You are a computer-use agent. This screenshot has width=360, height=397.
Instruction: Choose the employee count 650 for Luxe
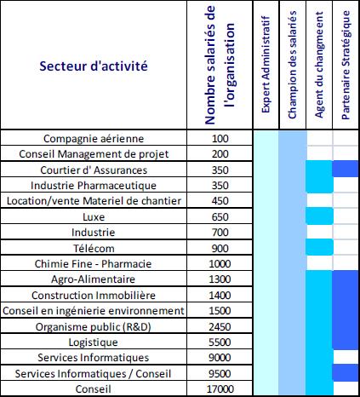pyautogui.click(x=221, y=216)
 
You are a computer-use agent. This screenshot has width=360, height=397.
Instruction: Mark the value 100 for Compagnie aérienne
pyautogui.click(x=221, y=138)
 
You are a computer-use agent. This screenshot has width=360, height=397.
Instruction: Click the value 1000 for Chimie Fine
pyautogui.click(x=221, y=263)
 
